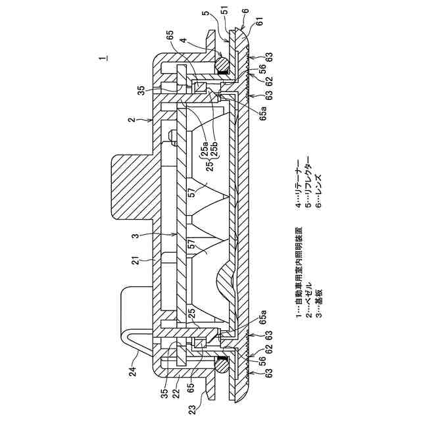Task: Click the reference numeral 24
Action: (134, 368)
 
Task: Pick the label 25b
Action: (214, 147)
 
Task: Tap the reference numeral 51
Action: (225, 12)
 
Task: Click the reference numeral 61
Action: (260, 22)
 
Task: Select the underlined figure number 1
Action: (103, 58)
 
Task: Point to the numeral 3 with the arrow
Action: (136, 236)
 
